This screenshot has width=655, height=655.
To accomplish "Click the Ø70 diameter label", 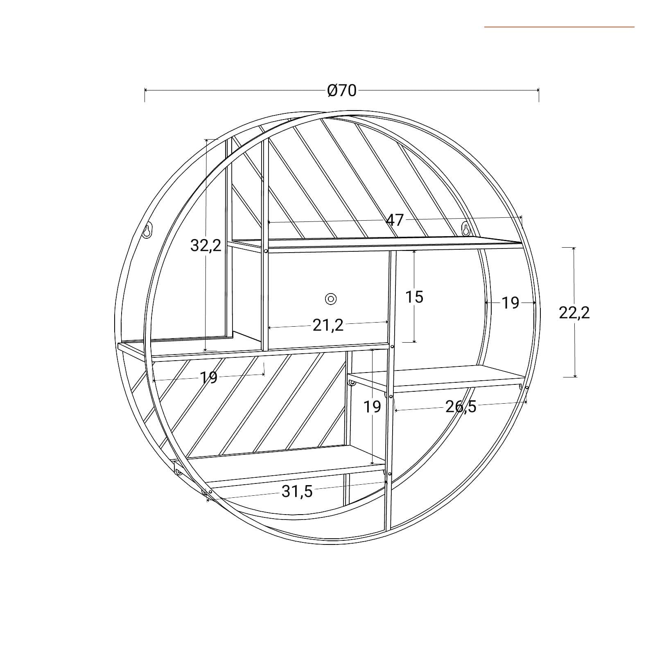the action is click(x=342, y=90).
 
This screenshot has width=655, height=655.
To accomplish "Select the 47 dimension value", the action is click(x=395, y=221).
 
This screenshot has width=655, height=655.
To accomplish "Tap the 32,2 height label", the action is click(x=206, y=246).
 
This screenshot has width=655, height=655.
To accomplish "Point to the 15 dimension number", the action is click(x=414, y=297).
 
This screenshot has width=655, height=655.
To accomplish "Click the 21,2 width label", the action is click(x=328, y=325).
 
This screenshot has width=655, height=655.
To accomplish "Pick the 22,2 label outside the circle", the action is click(x=574, y=313).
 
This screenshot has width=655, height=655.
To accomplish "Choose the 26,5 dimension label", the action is click(x=461, y=407).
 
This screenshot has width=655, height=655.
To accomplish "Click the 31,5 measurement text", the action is click(x=297, y=491).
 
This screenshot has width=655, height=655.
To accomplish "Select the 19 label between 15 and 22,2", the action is click(x=510, y=303).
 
